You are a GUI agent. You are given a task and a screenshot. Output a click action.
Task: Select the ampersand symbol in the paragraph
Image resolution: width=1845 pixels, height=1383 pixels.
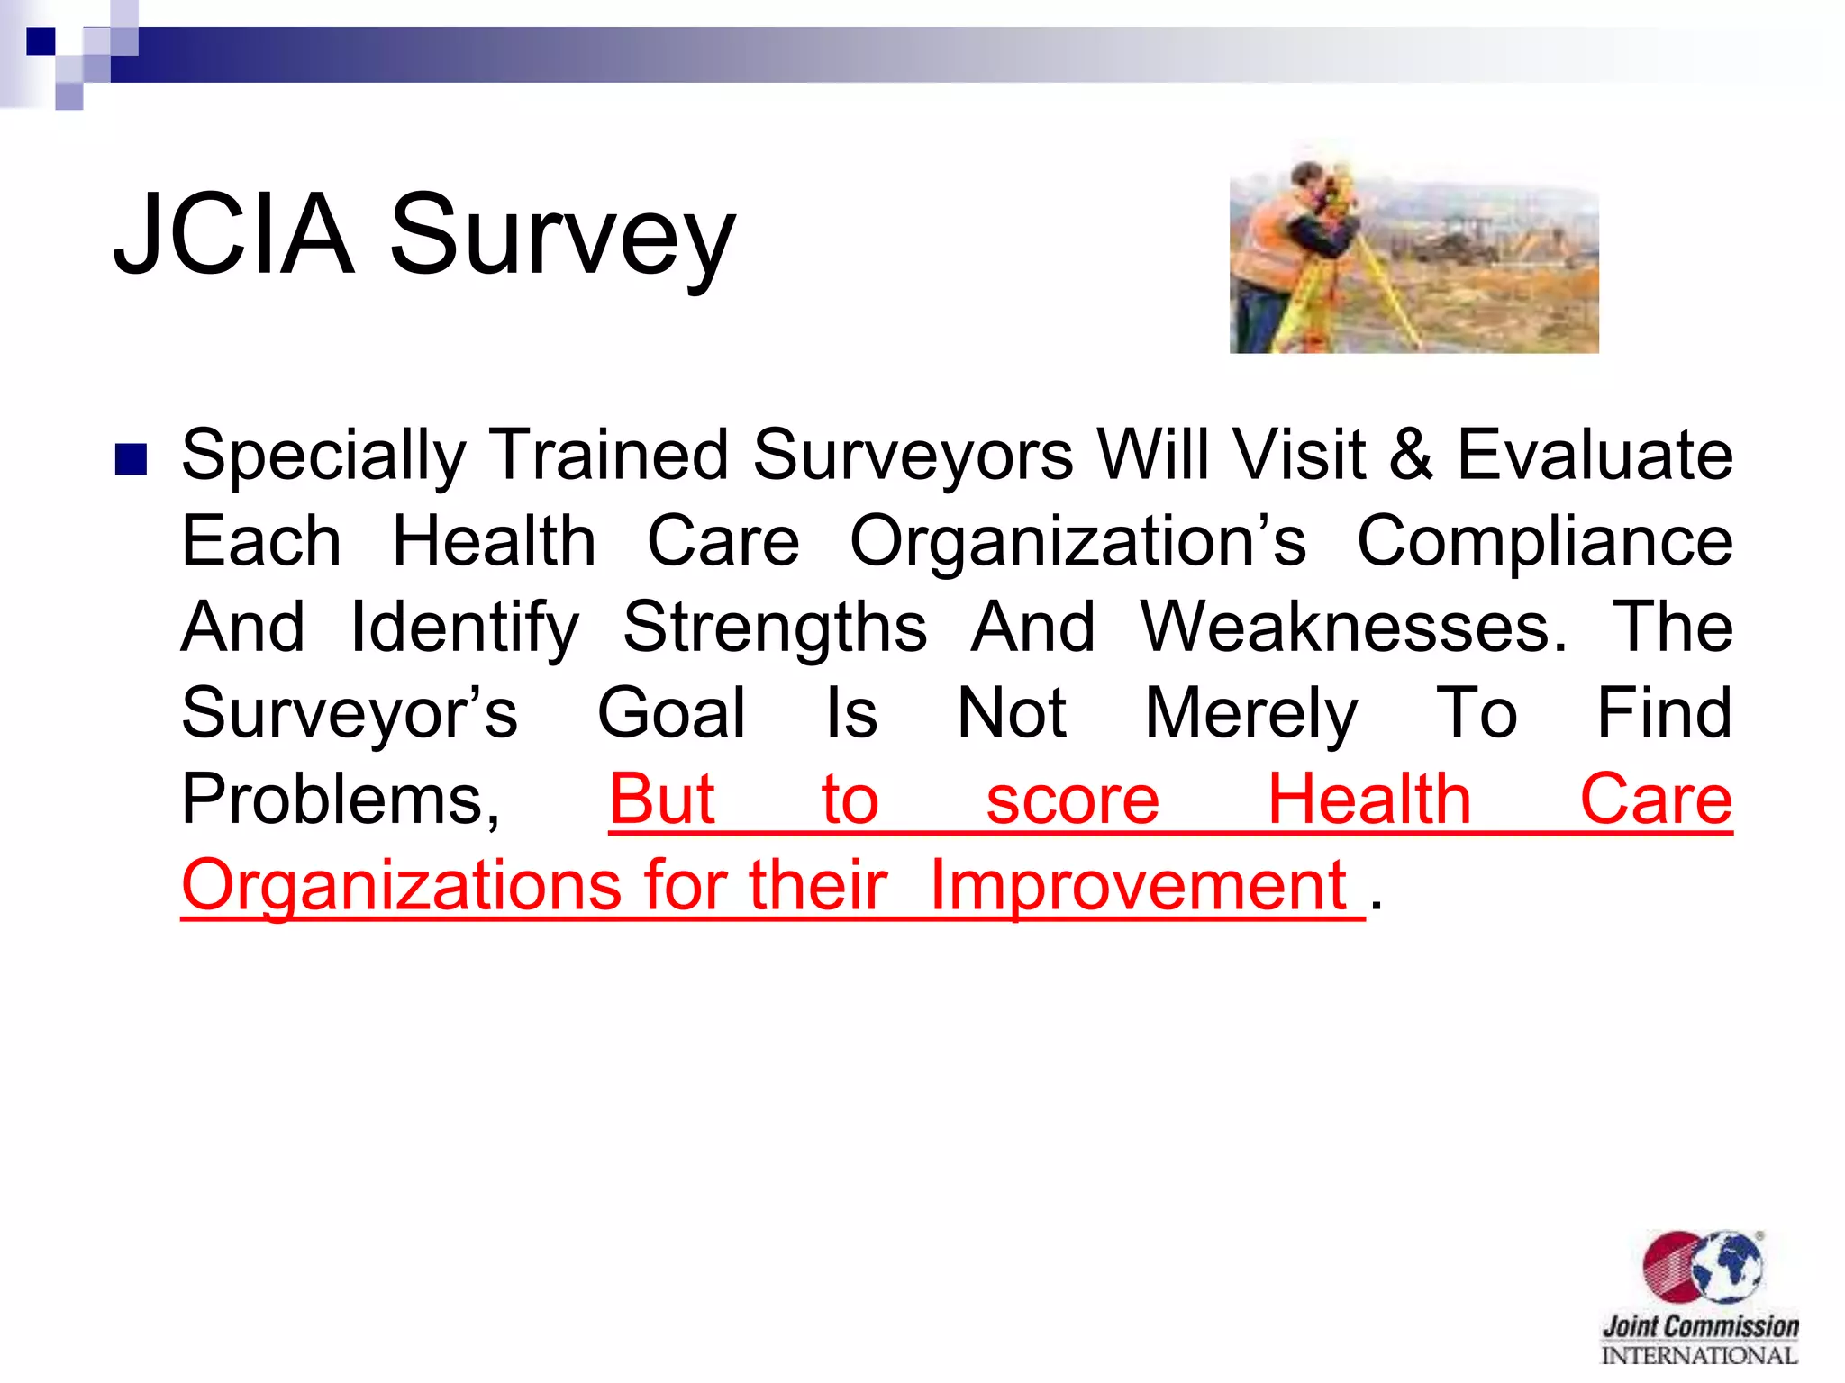[x=1411, y=456]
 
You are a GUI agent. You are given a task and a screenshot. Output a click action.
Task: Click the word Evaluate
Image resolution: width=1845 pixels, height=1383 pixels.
[x=1595, y=456]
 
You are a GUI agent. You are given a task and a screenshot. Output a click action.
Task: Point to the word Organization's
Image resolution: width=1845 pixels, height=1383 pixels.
[x=1077, y=542]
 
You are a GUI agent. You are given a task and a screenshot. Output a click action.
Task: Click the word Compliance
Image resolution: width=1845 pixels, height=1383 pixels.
[x=1544, y=542]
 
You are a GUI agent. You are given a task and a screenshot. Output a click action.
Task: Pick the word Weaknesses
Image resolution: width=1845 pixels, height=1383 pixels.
[x=1353, y=628]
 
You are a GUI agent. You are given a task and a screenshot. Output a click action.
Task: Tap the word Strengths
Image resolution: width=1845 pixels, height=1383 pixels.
[x=775, y=628]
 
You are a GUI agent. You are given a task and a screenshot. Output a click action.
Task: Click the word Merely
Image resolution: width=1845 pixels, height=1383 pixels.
[x=1250, y=714]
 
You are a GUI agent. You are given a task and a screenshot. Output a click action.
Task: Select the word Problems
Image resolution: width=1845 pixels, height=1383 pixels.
[x=341, y=800]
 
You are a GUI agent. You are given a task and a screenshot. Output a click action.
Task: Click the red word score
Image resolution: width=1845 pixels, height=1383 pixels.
[x=1072, y=800]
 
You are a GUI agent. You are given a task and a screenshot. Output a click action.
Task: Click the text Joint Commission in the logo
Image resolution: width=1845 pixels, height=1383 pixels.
[x=1700, y=1326]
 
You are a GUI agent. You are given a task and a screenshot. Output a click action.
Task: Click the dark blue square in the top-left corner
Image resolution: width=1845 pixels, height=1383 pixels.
[x=41, y=41]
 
